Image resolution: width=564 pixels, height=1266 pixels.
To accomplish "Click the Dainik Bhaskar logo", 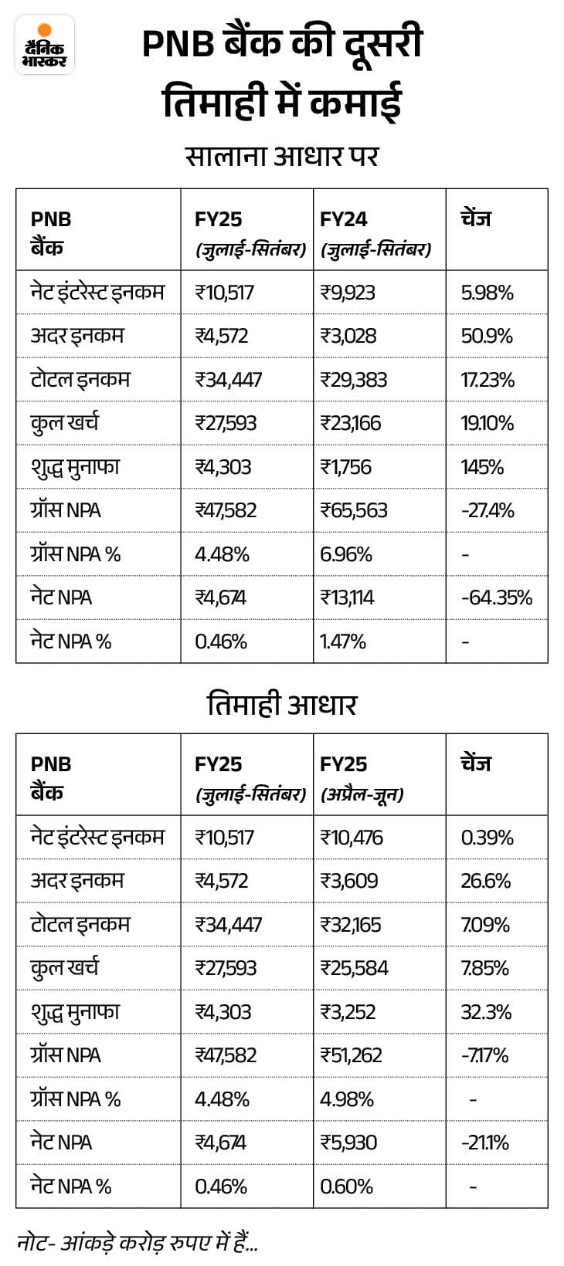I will point(45,45).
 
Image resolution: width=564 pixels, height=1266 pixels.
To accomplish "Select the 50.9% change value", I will point(487,336).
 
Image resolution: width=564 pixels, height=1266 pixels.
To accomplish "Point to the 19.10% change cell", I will point(487,423).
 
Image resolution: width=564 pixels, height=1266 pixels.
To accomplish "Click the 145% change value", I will point(482,467).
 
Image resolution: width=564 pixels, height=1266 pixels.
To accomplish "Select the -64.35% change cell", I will point(496,597).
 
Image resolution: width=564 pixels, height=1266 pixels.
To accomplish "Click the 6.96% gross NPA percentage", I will point(345,554).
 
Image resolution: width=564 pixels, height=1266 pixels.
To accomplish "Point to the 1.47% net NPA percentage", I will point(343,641).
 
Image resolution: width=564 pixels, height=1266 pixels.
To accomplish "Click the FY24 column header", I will point(344,219).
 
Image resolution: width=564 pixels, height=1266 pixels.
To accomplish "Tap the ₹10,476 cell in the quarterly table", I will point(352,838).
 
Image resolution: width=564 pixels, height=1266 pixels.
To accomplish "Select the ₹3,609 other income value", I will point(348,881).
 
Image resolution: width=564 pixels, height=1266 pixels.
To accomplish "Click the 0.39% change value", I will point(487,838).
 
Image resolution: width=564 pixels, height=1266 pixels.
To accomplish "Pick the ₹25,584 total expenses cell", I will point(354,968).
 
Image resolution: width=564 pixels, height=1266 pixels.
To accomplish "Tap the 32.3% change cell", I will point(486,1012).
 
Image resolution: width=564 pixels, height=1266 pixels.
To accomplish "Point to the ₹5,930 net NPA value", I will point(348,1142).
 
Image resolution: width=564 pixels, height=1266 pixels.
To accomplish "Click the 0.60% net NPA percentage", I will point(346,1186).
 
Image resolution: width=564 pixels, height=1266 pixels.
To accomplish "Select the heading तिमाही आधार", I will point(282,704).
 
